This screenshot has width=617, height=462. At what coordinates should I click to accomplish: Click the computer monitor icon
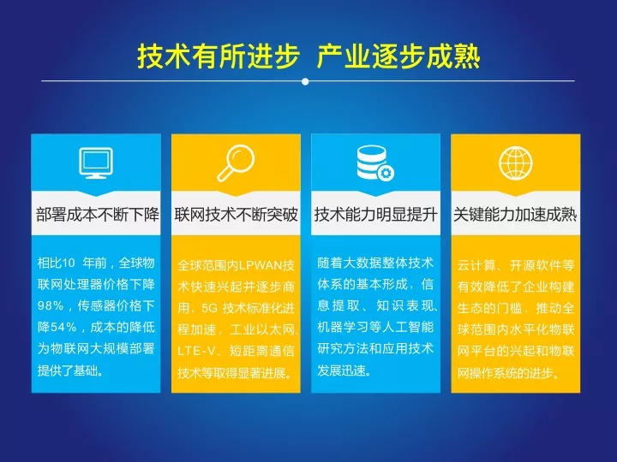[x=96, y=163]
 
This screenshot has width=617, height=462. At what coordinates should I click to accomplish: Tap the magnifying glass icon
[x=236, y=163]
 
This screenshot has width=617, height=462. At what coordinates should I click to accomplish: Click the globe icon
[x=516, y=163]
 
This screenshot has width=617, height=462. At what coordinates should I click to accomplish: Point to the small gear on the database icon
[x=386, y=173]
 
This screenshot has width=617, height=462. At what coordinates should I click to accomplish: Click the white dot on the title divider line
[x=305, y=82]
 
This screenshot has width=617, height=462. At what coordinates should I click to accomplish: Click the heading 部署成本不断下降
[x=97, y=215]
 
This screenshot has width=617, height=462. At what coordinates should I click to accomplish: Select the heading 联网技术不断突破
[x=237, y=215]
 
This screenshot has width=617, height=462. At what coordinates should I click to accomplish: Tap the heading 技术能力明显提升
[x=376, y=215]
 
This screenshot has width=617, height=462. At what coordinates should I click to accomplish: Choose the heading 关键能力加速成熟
[x=515, y=215]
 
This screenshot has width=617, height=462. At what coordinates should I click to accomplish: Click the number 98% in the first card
[x=51, y=305]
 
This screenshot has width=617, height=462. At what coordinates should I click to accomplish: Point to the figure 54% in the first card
[x=63, y=327]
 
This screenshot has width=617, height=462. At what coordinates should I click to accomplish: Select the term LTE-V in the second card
[x=196, y=351]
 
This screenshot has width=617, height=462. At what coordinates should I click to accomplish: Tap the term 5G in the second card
[x=209, y=308]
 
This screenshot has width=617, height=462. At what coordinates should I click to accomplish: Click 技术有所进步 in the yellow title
[x=219, y=57]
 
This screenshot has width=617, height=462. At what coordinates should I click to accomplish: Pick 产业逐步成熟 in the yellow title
[x=398, y=57]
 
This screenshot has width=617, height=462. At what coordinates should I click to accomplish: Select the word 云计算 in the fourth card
[x=476, y=265]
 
